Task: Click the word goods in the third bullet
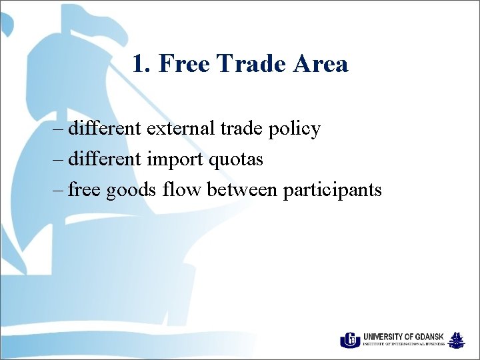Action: (x=130, y=191)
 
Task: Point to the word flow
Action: (x=182, y=190)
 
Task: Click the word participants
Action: (x=332, y=191)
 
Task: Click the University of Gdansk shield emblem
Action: (x=349, y=340)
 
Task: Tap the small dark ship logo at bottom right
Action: (x=457, y=340)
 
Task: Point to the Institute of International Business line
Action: (x=404, y=345)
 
